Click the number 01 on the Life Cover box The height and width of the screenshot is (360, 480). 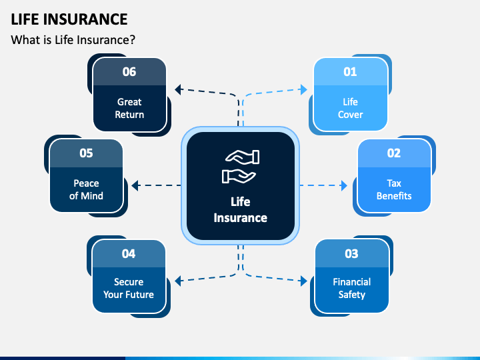click(x=350, y=71)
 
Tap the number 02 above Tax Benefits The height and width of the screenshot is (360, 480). click(x=394, y=153)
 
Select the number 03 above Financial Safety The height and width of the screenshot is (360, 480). click(x=351, y=254)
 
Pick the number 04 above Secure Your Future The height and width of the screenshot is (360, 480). click(x=129, y=254)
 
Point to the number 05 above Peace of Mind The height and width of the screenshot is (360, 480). click(x=86, y=153)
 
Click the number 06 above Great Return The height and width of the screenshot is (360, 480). click(x=129, y=71)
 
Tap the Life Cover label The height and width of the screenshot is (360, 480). click(x=350, y=108)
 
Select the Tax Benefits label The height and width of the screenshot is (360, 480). click(x=394, y=189)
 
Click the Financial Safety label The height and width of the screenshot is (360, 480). click(x=352, y=288)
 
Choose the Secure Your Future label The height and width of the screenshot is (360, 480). click(x=129, y=288)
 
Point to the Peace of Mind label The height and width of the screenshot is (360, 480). click(x=86, y=189)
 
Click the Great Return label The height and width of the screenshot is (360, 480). click(x=129, y=108)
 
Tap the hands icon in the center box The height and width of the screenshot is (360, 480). click(x=240, y=167)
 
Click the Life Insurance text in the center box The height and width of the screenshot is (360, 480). click(x=240, y=210)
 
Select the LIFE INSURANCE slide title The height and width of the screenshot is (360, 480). click(x=69, y=19)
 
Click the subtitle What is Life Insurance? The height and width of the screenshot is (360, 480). click(x=73, y=40)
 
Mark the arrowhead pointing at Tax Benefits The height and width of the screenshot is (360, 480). click(x=344, y=185)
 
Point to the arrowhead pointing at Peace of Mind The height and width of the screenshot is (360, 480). click(x=135, y=185)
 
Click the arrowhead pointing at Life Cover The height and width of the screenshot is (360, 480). click(x=304, y=89)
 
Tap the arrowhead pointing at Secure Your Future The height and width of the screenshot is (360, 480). click(x=178, y=281)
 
